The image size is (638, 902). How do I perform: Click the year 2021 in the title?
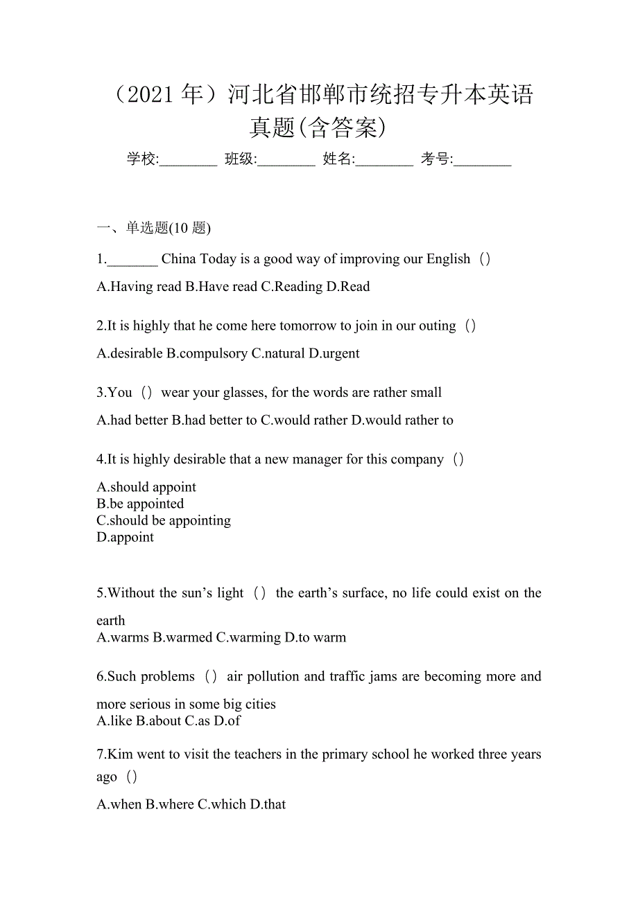coord(150,95)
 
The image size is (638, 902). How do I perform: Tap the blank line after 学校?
coord(188,161)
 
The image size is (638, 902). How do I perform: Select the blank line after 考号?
coord(483,161)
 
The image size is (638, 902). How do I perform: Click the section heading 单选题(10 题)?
coord(169,227)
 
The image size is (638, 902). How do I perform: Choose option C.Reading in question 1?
coord(291,287)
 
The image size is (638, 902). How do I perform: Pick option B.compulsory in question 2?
coord(207,353)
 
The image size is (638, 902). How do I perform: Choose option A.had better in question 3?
coord(132,420)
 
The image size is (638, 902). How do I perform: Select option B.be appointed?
coord(140,504)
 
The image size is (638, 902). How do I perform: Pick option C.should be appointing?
coord(164,520)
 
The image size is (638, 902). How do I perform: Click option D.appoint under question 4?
coord(126,537)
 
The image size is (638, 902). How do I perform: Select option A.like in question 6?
coord(114,720)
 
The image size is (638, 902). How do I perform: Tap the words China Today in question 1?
coord(198,259)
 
